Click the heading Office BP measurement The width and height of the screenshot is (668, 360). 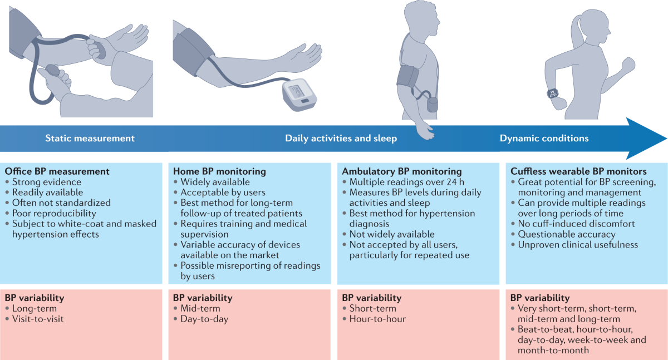(57, 171)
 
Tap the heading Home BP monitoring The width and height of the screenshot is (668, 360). (219, 171)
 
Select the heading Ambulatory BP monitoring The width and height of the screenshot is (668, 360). (402, 171)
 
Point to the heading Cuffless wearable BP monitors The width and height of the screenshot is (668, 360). (578, 171)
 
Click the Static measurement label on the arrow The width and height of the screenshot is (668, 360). (90, 139)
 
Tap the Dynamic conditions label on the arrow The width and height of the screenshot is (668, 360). (544, 139)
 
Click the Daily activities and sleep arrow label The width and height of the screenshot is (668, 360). (341, 139)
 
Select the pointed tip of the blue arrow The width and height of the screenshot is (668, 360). (667, 139)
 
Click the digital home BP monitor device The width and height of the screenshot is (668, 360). (299, 95)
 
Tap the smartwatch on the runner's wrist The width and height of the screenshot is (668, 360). (553, 93)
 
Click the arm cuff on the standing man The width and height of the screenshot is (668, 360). (407, 76)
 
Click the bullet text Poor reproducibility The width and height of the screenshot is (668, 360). (54, 213)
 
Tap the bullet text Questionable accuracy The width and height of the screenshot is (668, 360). (567, 234)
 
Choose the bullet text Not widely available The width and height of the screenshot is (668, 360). (392, 234)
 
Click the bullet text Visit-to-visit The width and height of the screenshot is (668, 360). (38, 319)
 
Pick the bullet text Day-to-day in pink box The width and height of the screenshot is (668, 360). (204, 319)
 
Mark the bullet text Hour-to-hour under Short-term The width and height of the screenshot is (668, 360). (377, 319)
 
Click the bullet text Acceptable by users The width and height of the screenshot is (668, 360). (223, 193)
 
